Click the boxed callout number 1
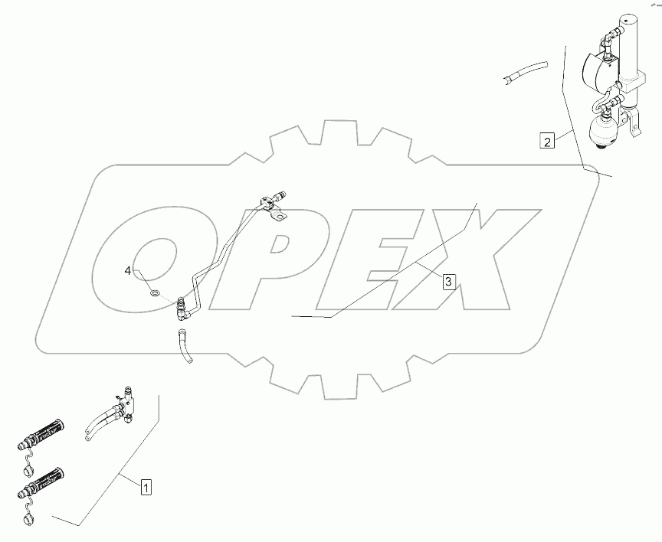(x=146, y=485)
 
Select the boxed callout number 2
(x=546, y=141)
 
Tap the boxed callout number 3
(x=448, y=282)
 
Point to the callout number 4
(x=129, y=270)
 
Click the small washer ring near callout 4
(x=154, y=292)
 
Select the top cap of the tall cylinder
(x=631, y=21)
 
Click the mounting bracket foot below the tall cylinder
(x=632, y=126)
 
